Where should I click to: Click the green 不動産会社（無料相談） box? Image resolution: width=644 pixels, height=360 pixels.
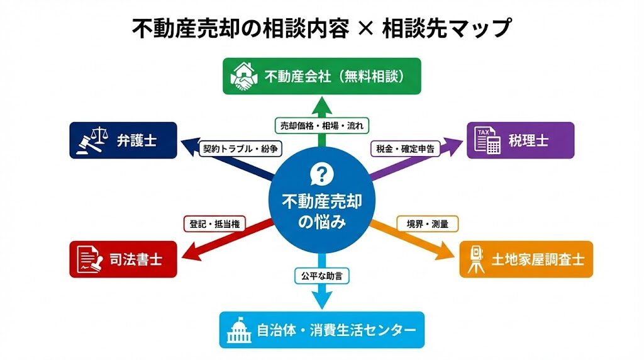pyautogui.click(x=322, y=76)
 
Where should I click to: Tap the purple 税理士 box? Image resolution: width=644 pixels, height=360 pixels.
pyautogui.click(x=520, y=140)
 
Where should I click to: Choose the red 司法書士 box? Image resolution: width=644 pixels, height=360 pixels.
pyautogui.click(x=123, y=259)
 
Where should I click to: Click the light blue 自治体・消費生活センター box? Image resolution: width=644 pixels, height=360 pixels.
pyautogui.click(x=322, y=330)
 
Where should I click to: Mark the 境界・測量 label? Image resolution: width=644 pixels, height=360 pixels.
pyautogui.click(x=428, y=223)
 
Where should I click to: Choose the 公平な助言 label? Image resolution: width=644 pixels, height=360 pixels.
pyautogui.click(x=322, y=274)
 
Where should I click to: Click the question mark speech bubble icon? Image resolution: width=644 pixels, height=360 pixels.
pyautogui.click(x=321, y=175)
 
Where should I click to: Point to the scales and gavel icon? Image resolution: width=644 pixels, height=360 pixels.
pyautogui.click(x=92, y=140)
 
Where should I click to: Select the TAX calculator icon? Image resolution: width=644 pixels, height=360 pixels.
pyautogui.click(x=487, y=140)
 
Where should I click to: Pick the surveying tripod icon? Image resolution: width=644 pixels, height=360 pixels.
pyautogui.click(x=477, y=259)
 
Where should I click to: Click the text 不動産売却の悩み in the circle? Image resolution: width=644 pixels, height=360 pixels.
pyautogui.click(x=321, y=211)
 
